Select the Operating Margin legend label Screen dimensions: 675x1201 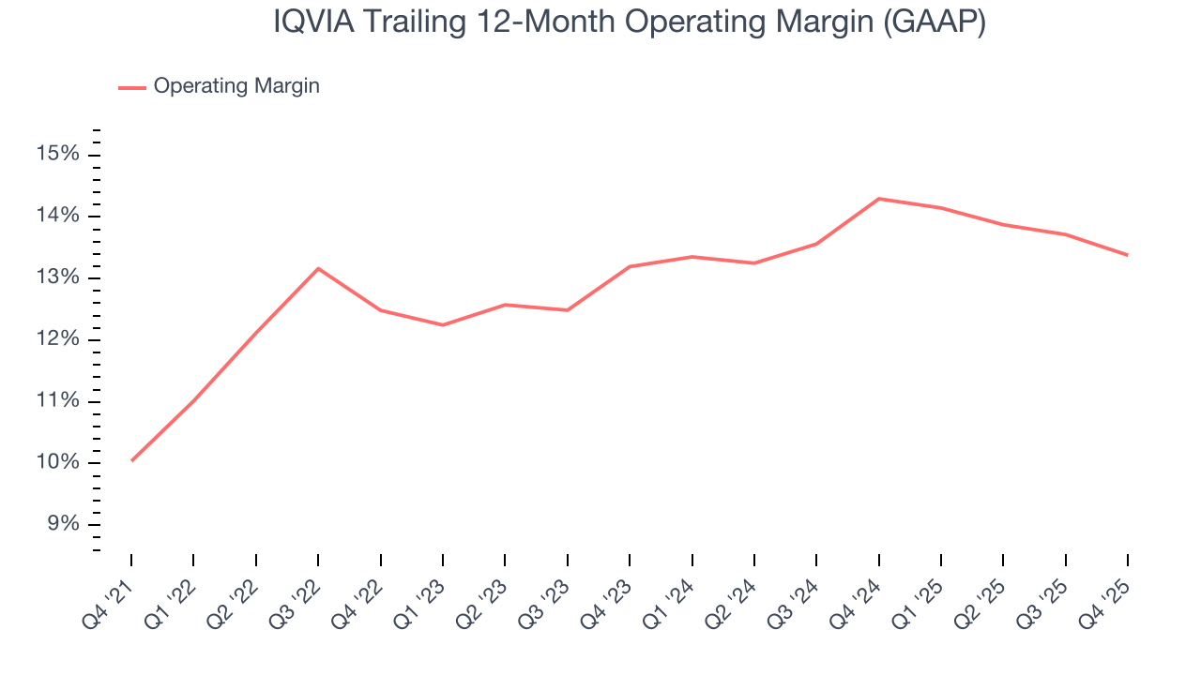[x=236, y=86]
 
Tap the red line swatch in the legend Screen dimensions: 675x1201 [x=132, y=87]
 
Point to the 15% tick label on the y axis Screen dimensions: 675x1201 [x=58, y=155]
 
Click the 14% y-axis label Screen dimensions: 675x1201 [x=58, y=217]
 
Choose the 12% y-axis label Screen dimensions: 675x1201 [x=58, y=339]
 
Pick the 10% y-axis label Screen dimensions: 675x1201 [x=58, y=463]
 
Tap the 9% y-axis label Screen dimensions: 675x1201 [x=62, y=524]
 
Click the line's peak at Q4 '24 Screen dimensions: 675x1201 [x=878, y=199]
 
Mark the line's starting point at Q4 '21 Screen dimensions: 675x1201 [x=131, y=460]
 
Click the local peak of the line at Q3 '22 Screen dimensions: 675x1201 [x=318, y=268]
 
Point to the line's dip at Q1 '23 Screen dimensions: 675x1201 [x=443, y=325]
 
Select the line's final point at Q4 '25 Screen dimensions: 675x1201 [x=1127, y=255]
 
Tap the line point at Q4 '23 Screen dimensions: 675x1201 [x=630, y=266]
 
